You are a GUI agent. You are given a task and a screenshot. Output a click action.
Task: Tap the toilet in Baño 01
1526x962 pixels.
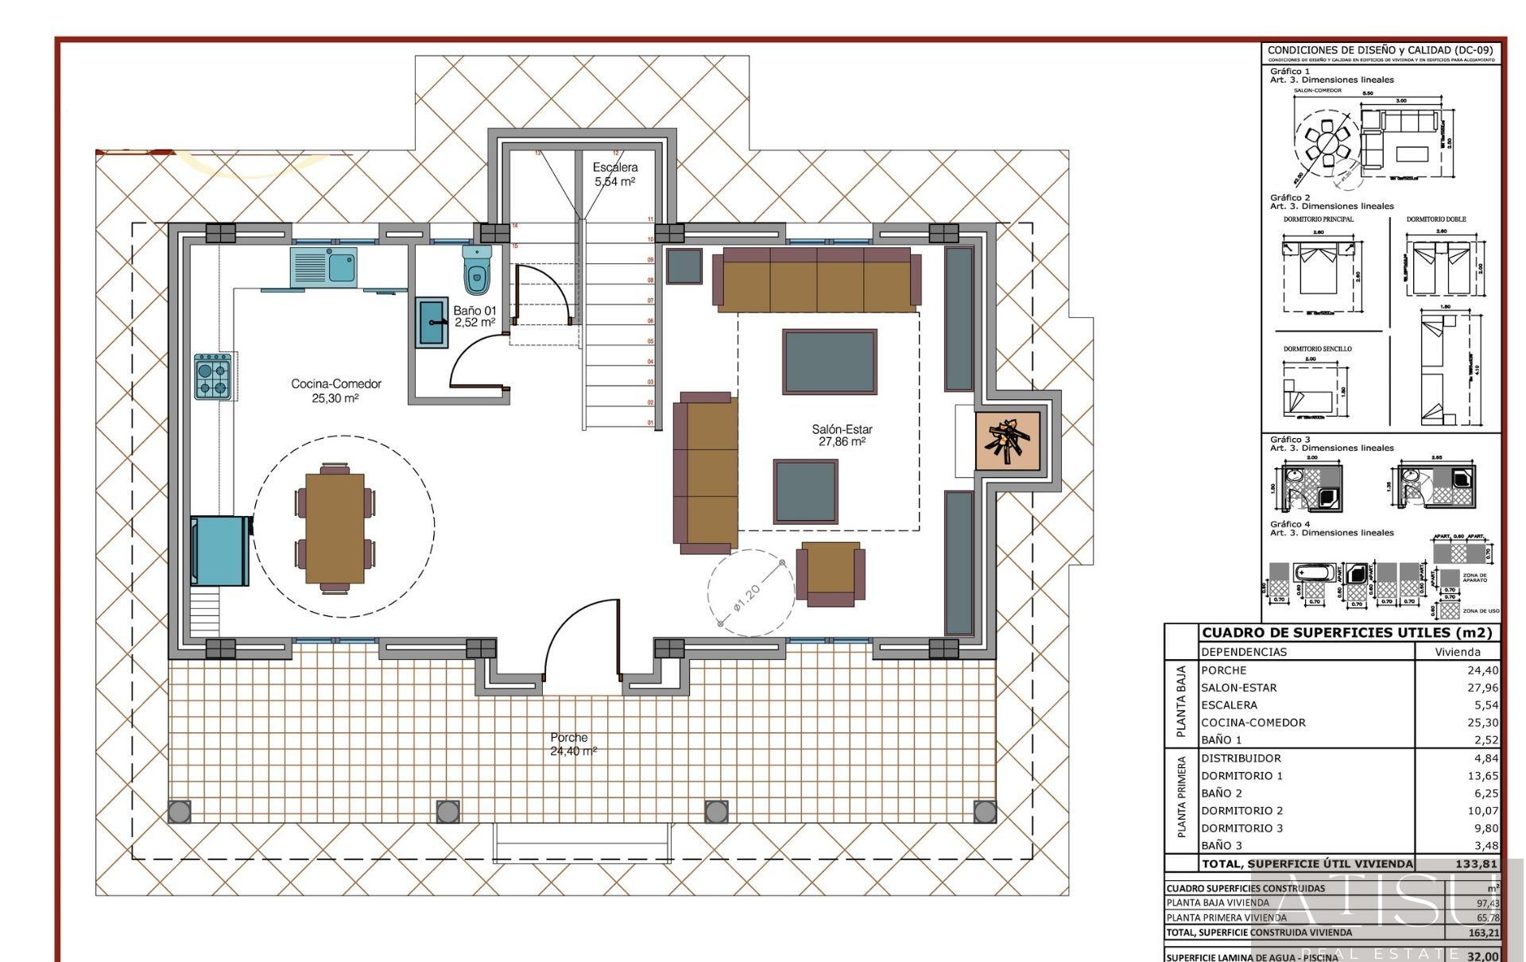[477, 270]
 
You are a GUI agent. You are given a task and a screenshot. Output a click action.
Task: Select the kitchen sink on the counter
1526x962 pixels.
[323, 265]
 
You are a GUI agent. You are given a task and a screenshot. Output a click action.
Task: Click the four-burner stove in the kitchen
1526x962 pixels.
[213, 377]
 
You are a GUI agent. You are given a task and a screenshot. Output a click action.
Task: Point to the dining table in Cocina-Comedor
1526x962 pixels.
[335, 527]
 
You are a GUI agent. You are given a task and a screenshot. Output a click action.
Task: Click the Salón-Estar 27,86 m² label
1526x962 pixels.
[842, 435]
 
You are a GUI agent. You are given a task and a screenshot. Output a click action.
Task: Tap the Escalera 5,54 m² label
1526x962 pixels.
[614, 174]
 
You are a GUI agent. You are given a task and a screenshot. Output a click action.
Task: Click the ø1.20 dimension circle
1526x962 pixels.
[750, 592]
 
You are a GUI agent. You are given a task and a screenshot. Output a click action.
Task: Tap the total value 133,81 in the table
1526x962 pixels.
[1476, 863]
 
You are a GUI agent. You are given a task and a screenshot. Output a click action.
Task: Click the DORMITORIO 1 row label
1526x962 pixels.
[1241, 776]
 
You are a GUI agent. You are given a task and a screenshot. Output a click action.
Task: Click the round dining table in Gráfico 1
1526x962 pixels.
[1327, 144]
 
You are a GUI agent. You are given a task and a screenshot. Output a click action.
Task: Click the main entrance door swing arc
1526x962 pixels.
[580, 636]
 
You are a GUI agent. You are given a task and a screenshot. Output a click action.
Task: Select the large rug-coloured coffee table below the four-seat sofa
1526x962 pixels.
[829, 362]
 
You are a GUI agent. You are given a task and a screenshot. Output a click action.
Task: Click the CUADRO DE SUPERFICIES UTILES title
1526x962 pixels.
[1348, 633]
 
